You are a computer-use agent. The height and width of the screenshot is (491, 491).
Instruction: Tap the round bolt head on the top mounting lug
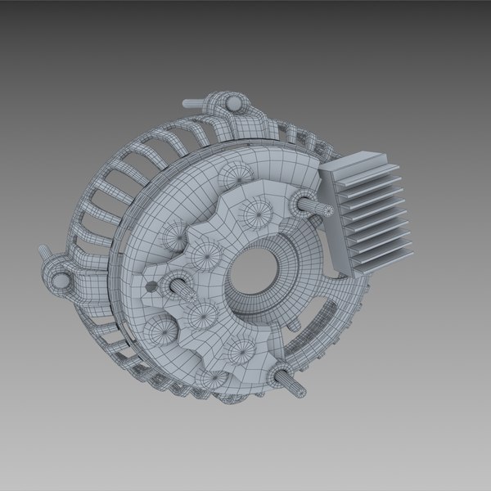[x=232, y=104]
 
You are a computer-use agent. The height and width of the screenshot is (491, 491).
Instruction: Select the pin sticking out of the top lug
[x=190, y=103]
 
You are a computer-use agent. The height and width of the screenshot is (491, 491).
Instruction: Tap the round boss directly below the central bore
[x=241, y=353]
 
